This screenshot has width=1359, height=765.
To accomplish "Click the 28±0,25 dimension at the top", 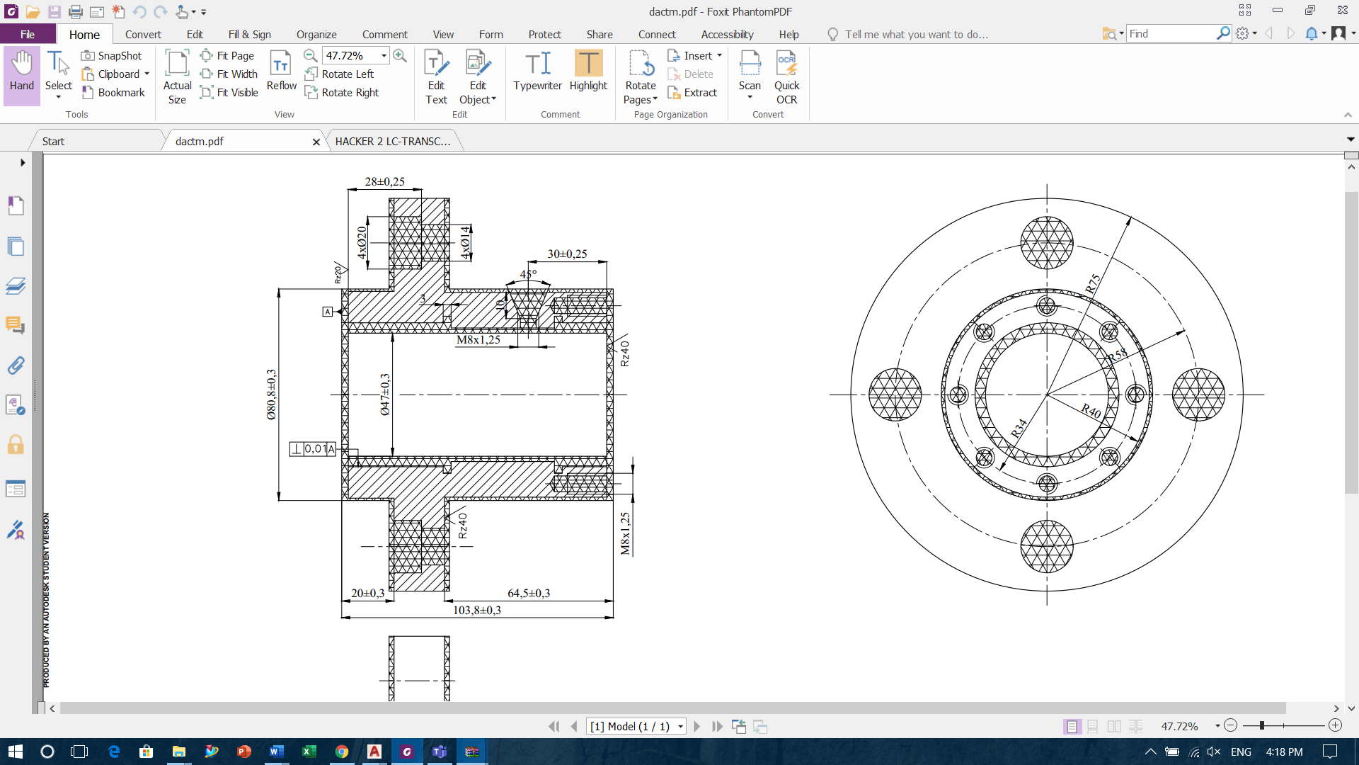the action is click(384, 182).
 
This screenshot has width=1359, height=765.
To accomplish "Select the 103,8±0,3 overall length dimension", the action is click(477, 610).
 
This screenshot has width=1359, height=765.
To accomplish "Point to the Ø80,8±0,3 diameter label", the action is click(272, 395).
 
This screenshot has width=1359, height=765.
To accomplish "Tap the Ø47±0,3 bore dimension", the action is click(385, 395).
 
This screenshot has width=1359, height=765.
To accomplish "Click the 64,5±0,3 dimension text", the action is click(529, 594).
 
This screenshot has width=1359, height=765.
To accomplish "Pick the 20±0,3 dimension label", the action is click(368, 594).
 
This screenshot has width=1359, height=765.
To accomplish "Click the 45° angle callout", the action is click(528, 274).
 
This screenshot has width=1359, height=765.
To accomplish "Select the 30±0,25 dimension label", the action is click(567, 254).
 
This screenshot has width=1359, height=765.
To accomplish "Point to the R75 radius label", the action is click(1094, 283).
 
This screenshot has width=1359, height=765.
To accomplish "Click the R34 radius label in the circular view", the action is click(1019, 429).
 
